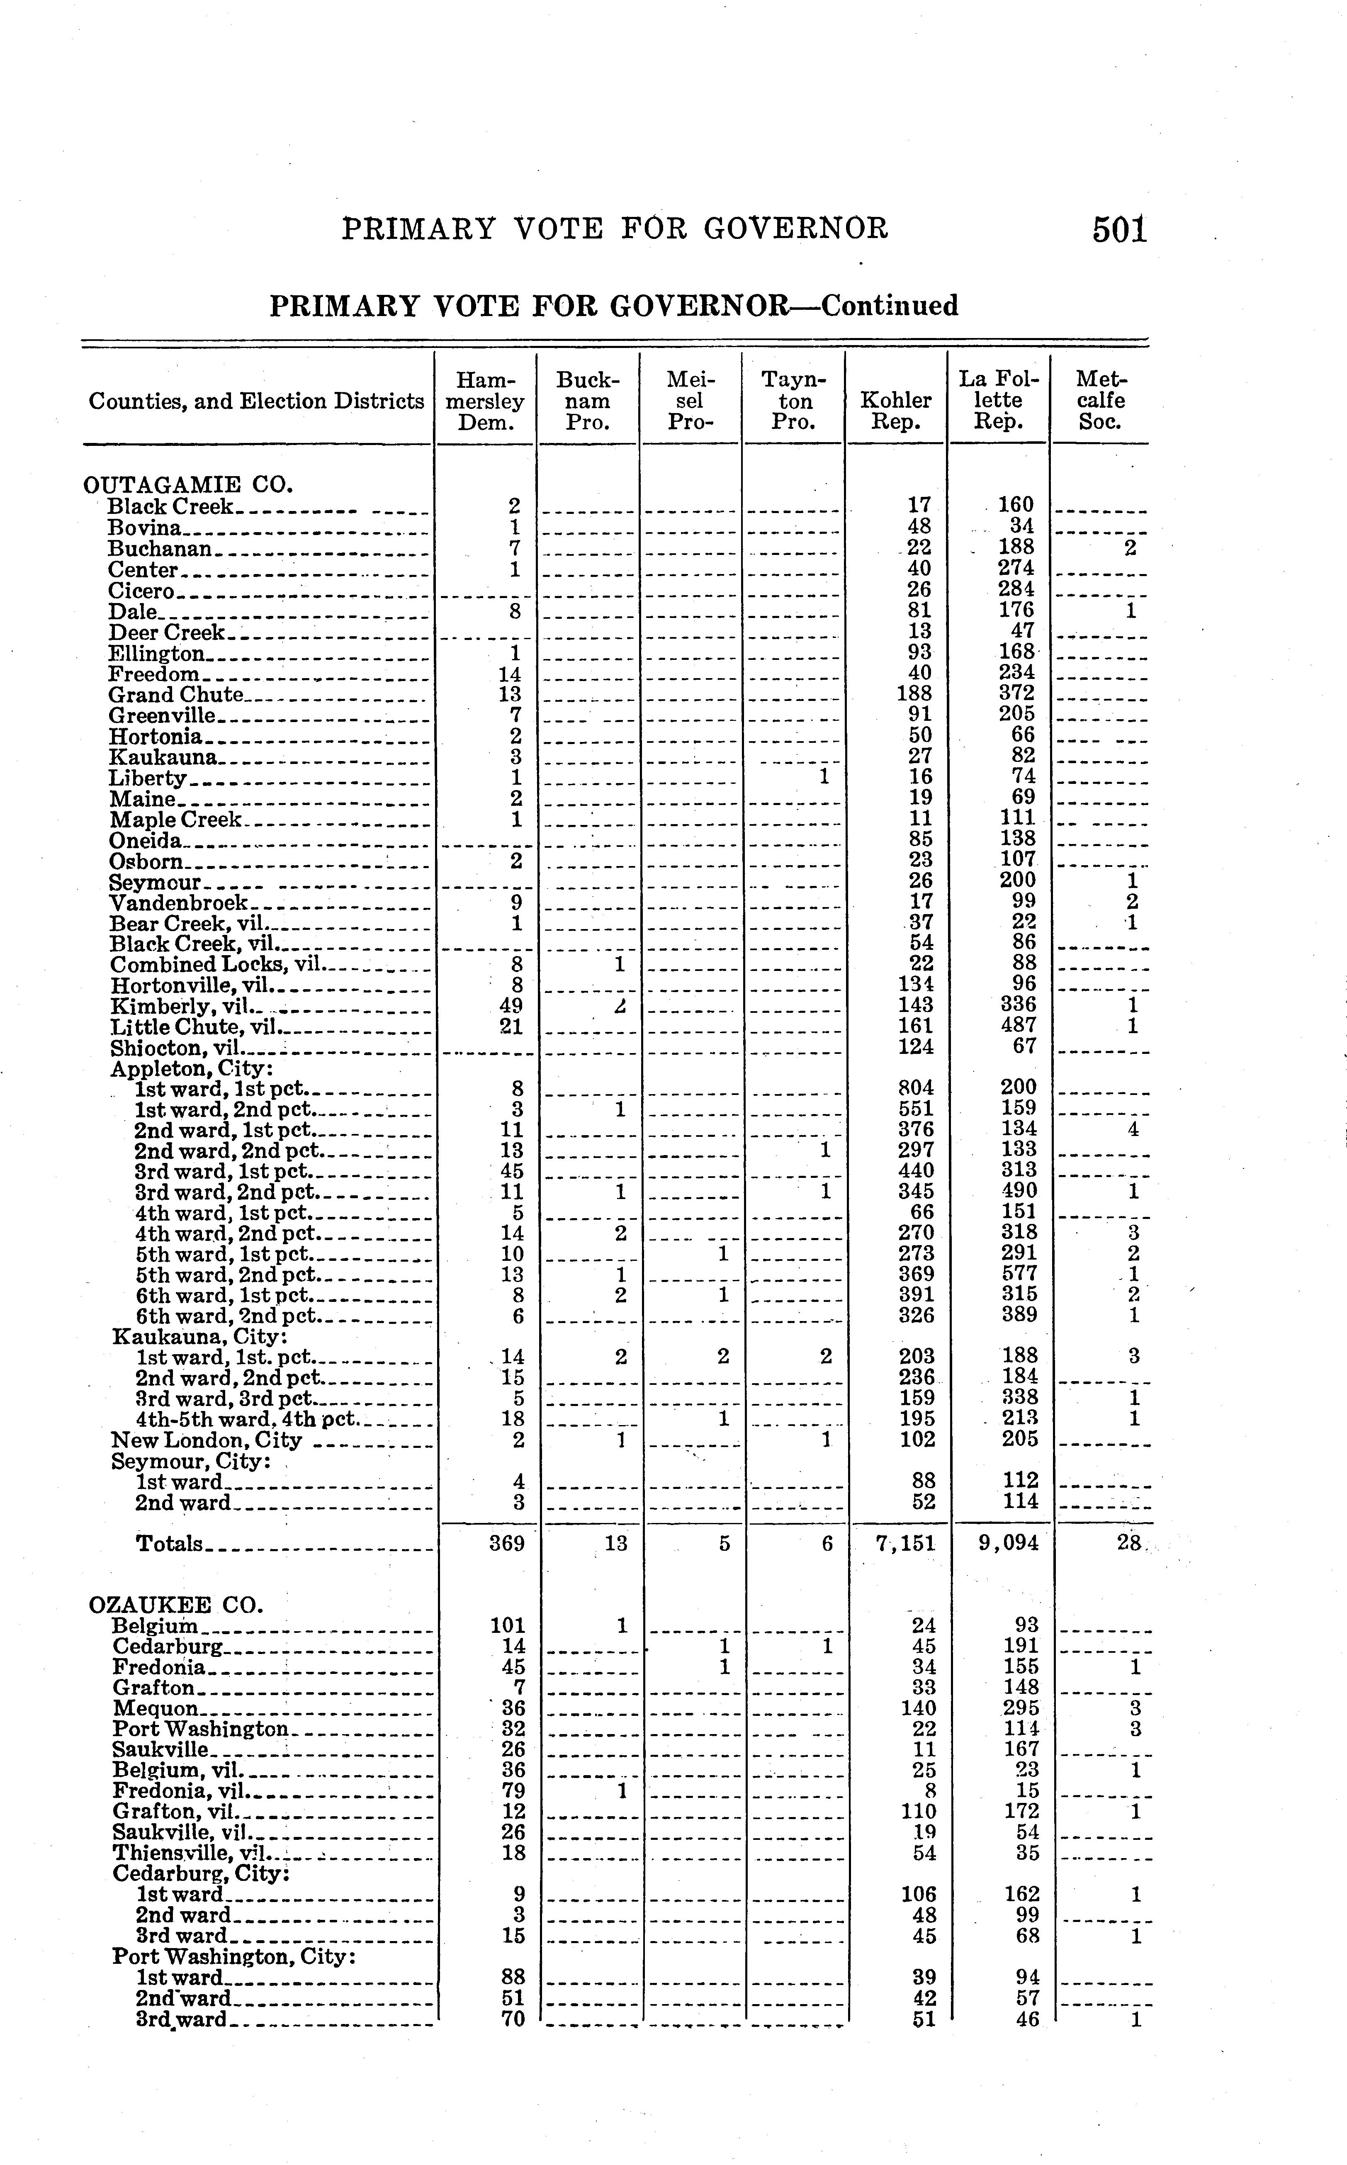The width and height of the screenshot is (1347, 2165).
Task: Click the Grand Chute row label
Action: (176, 694)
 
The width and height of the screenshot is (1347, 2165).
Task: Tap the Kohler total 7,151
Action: (906, 1543)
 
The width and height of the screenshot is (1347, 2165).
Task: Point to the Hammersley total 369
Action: (507, 1543)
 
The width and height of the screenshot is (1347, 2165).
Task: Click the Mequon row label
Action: (156, 1708)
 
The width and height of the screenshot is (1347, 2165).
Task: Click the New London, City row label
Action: (207, 1441)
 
